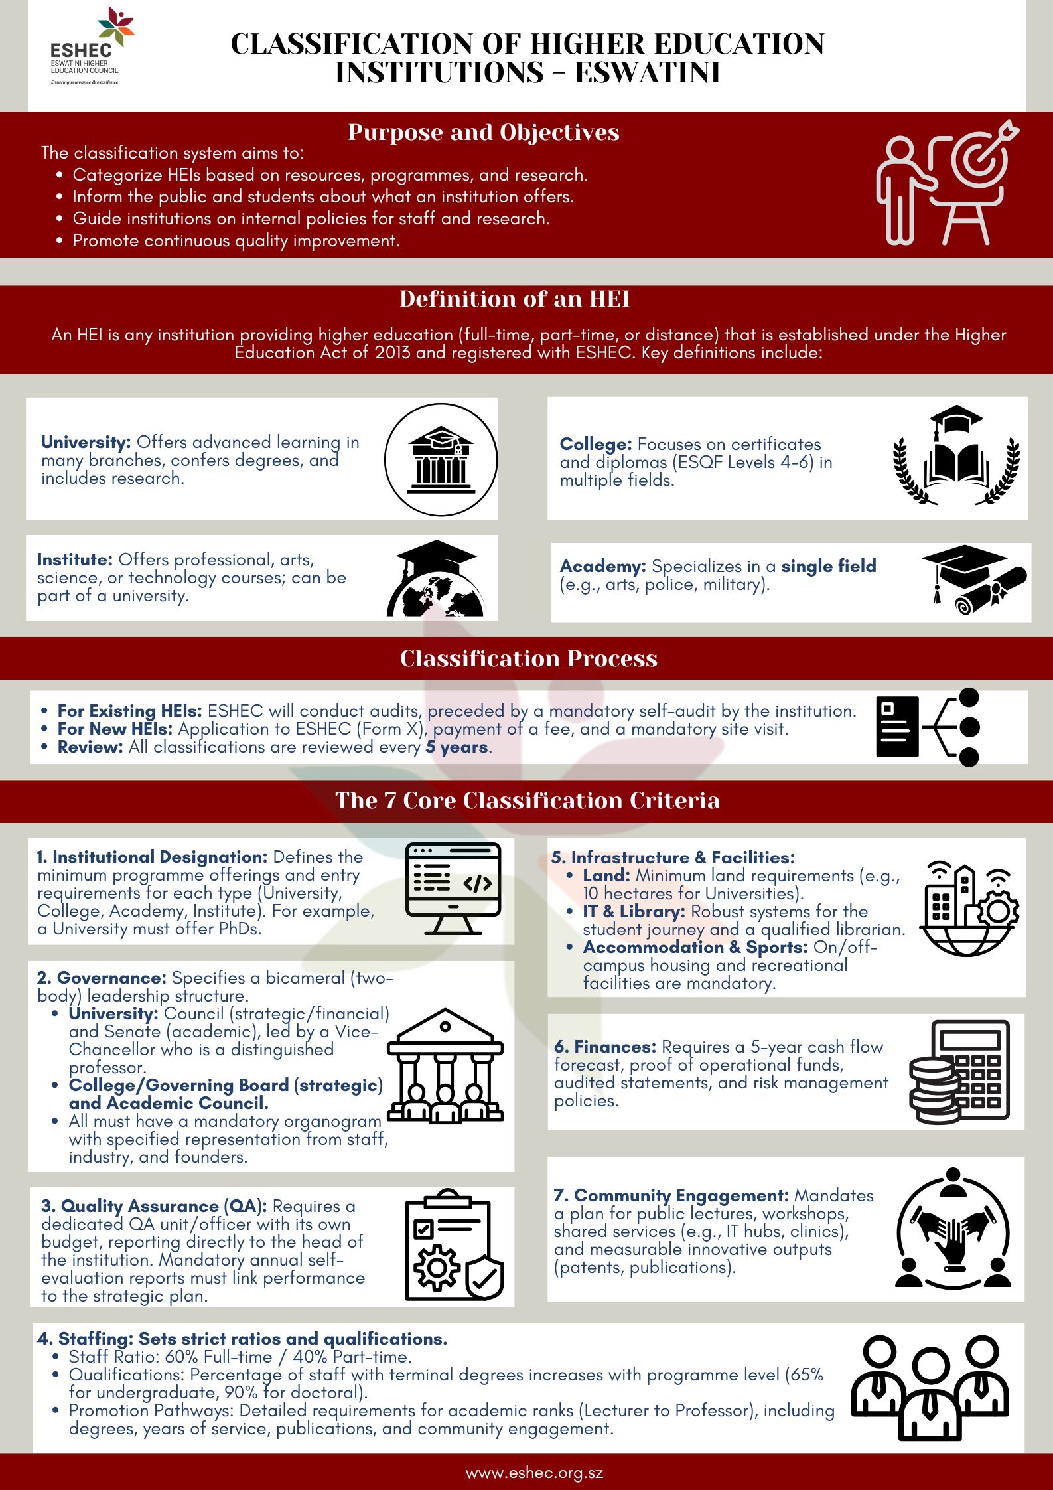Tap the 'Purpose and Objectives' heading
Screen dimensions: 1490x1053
483,132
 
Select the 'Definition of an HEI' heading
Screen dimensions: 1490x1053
514,299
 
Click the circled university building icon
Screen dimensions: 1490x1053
441,459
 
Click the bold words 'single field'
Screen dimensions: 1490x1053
828,566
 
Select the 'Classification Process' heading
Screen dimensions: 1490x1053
528,658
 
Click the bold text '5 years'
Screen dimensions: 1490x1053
457,747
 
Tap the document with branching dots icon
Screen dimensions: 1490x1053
927,727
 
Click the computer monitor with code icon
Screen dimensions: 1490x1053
453,888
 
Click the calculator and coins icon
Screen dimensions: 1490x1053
959,1072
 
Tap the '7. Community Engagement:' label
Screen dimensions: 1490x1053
671,1195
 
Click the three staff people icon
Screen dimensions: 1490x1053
930,1388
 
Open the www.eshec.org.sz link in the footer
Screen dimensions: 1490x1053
534,1473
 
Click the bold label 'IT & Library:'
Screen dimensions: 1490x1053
634,911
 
